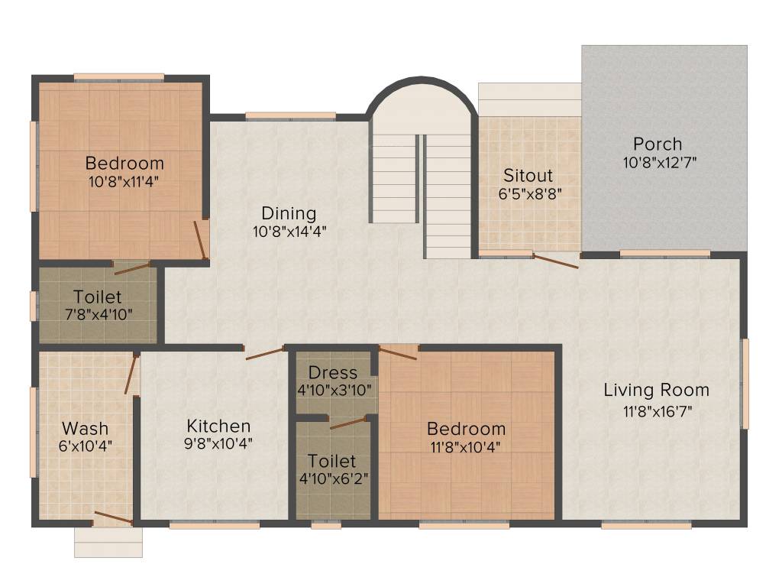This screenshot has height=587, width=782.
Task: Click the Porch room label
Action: coord(657,144)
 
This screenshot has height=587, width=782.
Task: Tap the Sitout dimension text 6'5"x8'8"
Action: coord(530,193)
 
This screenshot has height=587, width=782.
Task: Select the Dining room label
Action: coord(289,212)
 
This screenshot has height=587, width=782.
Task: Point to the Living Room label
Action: coord(656,390)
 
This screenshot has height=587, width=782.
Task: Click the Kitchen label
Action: coord(218,426)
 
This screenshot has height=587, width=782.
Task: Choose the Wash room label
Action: coord(85,428)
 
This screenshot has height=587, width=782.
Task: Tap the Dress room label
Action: coord(332,372)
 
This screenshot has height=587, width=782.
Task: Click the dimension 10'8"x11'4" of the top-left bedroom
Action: coord(124,181)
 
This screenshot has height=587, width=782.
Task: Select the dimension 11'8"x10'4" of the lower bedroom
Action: coord(466,446)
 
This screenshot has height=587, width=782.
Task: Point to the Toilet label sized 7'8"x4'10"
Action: coord(97,297)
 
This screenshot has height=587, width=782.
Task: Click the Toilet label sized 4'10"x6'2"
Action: coord(332,461)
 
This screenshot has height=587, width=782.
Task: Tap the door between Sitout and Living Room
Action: coord(555,261)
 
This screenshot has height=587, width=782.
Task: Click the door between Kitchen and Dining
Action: coord(265,353)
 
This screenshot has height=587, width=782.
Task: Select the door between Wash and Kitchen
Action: coord(131,375)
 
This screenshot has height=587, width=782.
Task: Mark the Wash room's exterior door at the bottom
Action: coord(112,518)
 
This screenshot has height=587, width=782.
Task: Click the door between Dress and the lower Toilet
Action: coord(347,423)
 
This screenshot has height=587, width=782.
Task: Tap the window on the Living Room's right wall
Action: coord(745,382)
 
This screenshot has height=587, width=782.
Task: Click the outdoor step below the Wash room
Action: coord(108,542)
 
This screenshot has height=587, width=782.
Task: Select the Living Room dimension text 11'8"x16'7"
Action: coord(656,410)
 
